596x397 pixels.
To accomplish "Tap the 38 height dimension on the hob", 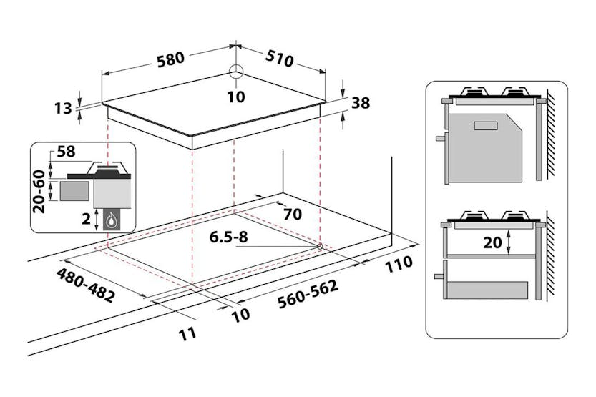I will click(x=361, y=103).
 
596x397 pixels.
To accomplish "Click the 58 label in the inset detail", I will click(x=65, y=152).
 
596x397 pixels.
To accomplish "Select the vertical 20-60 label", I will click(x=40, y=191).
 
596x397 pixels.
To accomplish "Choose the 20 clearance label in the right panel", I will click(x=492, y=242).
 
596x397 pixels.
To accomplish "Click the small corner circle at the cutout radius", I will click(x=318, y=246).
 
